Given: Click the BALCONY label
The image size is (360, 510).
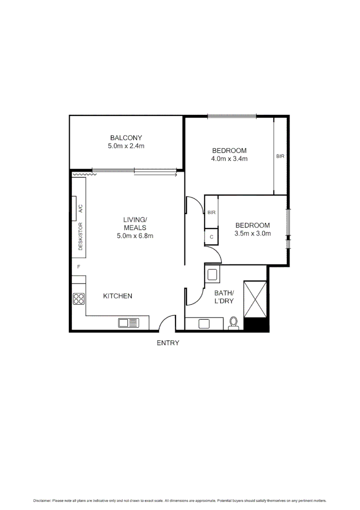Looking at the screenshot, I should pos(126,137).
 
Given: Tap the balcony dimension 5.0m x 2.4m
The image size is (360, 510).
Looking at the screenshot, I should pos(126,146).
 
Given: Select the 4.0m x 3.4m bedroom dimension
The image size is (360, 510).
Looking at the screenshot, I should pos(229,159).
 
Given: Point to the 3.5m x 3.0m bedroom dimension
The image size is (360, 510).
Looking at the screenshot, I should pos(252,233).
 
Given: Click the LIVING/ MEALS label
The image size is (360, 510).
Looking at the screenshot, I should pos(135,223).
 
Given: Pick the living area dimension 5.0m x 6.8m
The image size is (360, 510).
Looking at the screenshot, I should pos(135,236).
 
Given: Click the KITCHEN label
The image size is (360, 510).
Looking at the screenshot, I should pos(117,296).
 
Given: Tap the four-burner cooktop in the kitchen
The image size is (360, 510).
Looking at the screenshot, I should pos(78,298).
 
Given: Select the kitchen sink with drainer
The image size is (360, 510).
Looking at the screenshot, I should pos(129,323).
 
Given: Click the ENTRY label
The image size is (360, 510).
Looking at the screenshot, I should pos(168,343).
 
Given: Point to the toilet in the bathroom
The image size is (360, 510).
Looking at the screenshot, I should pos(233,323).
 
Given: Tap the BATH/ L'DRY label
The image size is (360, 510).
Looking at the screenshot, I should pos(224,297).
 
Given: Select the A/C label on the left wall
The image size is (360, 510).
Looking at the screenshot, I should pos(80,209).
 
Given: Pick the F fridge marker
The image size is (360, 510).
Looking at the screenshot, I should pos(79,267).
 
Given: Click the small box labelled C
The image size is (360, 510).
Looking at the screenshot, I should pos(211,237).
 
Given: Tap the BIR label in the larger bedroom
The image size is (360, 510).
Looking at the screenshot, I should pos(280,156).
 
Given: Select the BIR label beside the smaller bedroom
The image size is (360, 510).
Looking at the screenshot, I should pos(211,212).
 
